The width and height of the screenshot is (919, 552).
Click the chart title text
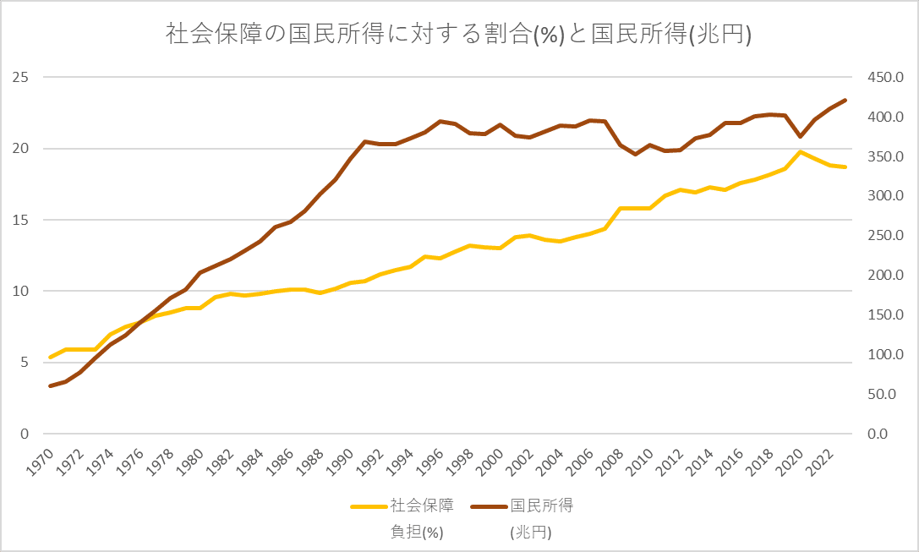pos(459,36)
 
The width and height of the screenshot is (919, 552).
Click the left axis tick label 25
pos(21,78)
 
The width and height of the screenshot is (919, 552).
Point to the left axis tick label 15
pos(21,221)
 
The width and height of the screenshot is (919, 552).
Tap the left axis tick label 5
pos(25,363)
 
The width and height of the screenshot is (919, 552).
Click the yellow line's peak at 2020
pos(801,152)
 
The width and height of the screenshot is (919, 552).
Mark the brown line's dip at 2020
pos(801,136)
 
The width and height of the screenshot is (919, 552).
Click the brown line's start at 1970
pos(51,386)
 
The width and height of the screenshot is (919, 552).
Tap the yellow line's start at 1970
pos(51,358)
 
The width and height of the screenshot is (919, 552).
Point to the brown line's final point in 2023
pos(845,101)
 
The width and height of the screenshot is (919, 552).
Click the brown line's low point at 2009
pos(635,154)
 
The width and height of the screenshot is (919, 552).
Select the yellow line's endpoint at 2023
pos(845,167)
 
